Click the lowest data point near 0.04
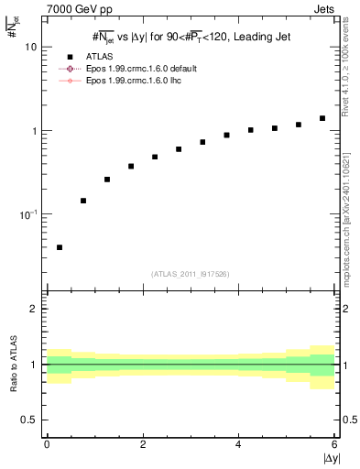tap(60, 247)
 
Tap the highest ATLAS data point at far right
tap(322, 118)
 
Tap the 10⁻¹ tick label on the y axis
tap(27, 214)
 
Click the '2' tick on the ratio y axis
tap(34, 310)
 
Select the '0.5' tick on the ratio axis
tap(29, 420)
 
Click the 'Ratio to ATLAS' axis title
tap(12, 365)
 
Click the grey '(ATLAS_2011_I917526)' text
tap(191, 274)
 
